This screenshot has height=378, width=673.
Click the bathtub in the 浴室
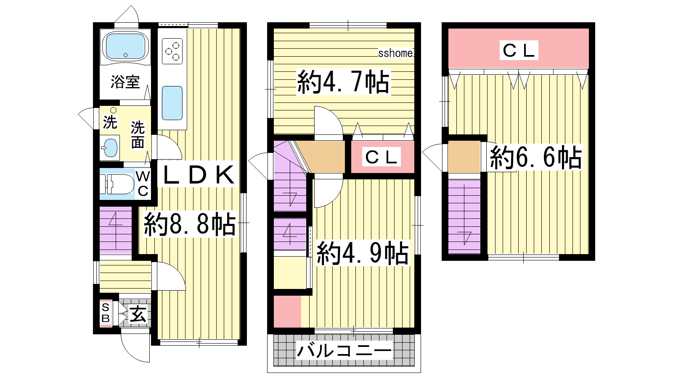(125, 47)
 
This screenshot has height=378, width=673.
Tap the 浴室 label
(125, 81)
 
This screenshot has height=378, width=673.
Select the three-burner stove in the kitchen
(172, 51)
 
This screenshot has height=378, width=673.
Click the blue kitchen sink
(172, 103)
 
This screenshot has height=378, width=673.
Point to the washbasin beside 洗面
(110, 147)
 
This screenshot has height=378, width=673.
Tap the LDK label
(198, 175)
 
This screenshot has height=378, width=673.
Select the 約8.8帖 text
(190, 224)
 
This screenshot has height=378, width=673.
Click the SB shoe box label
(106, 313)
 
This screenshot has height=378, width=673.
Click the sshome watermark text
(395, 53)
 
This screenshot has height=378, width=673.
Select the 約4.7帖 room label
(343, 81)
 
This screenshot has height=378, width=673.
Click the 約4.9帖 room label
(363, 253)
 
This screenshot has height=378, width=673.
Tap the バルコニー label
(344, 351)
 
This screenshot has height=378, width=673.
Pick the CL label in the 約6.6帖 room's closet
(519, 51)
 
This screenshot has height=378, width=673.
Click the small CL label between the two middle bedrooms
(381, 157)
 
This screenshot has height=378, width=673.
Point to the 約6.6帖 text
(536, 157)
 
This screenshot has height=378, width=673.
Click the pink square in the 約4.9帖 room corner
(288, 312)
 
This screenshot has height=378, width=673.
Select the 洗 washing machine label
(110, 122)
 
